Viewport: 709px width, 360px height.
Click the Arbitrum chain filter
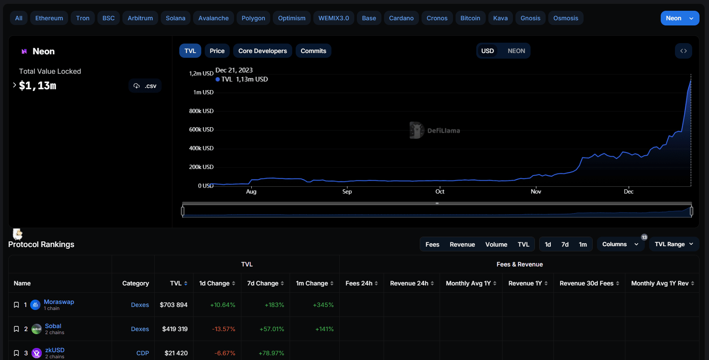point(140,18)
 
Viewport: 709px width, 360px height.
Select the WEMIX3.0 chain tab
point(334,18)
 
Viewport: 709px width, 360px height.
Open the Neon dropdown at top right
point(679,18)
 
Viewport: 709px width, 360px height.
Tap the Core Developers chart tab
point(262,51)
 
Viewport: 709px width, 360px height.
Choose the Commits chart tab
point(313,51)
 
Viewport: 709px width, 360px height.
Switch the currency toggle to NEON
point(516,51)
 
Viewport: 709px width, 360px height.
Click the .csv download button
point(145,86)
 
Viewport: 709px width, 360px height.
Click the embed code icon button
point(683,51)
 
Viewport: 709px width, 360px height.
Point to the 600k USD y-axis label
point(201,129)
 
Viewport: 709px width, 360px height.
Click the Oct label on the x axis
point(440,191)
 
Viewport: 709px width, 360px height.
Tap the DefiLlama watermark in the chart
point(435,130)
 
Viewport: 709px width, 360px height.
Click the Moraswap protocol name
point(59,302)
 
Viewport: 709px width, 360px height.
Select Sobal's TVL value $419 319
point(175,329)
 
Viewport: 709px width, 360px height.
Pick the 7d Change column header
point(265,283)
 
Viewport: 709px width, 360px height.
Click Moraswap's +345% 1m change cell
point(323,305)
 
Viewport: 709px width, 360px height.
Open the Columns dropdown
point(620,244)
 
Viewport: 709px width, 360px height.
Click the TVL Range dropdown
point(674,244)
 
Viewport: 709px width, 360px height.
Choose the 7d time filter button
point(565,244)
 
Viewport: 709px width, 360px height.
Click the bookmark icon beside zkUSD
point(16,353)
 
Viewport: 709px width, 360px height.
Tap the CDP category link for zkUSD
point(143,353)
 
